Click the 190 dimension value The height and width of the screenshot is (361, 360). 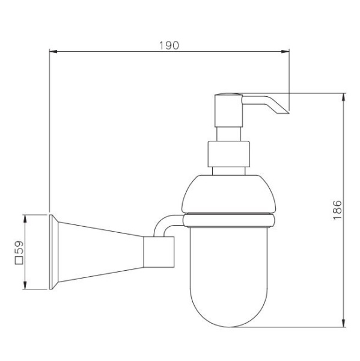pos(169,46)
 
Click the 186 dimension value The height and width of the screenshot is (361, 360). pos(337,210)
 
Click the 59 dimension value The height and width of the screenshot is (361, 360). pos(19,247)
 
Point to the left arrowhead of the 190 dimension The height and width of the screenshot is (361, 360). pos(53,52)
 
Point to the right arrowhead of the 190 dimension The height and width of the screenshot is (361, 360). pos(285,52)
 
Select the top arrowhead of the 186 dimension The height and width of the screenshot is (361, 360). pos(343,97)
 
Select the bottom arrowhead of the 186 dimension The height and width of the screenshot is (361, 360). pos(343,323)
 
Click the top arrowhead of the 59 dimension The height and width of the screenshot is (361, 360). pos(25,219)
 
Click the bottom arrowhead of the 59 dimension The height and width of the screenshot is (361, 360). pos(25,285)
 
